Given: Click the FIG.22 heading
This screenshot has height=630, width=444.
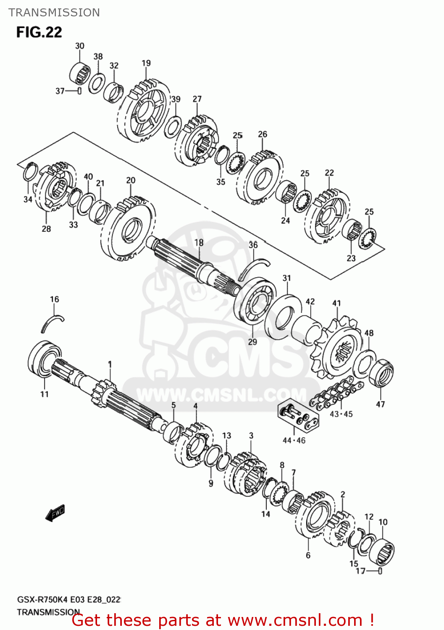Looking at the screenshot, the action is pyautogui.click(x=39, y=32).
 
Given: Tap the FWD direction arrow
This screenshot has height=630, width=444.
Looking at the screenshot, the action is pyautogui.click(x=55, y=512).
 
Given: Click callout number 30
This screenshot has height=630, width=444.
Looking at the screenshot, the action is pyautogui.click(x=79, y=46).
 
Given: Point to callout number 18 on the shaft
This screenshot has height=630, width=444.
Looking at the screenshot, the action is pyautogui.click(x=199, y=242).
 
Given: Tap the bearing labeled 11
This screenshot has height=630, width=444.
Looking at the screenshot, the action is pyautogui.click(x=44, y=359).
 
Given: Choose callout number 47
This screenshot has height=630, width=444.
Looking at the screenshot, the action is pyautogui.click(x=380, y=404).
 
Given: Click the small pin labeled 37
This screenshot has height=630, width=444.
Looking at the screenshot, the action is pyautogui.click(x=79, y=91).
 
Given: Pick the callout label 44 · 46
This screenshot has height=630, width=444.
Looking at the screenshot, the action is pyautogui.click(x=294, y=440).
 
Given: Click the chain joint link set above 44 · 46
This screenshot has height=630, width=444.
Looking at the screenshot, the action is pyautogui.click(x=299, y=416).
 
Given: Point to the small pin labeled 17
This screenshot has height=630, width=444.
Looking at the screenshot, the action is pyautogui.click(x=380, y=571).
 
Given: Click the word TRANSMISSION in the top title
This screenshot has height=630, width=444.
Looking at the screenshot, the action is pyautogui.click(x=54, y=13).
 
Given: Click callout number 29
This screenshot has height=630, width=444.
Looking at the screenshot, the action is pyautogui.click(x=252, y=341).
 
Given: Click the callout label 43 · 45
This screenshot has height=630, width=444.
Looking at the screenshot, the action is pyautogui.click(x=341, y=414).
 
